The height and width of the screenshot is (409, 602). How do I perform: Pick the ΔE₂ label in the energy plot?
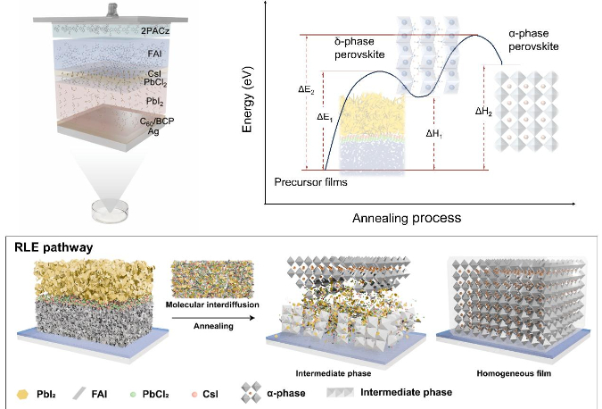(x=305, y=89)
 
